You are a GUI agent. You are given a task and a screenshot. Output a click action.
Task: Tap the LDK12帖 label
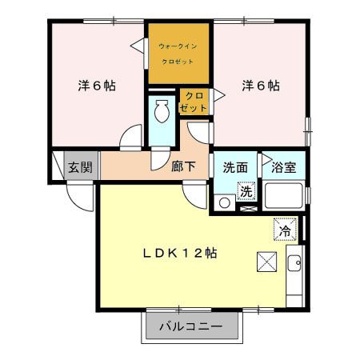point(180,253)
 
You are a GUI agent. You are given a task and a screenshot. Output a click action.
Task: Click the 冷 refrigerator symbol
point(285,230)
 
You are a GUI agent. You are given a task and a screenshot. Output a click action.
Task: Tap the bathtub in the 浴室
point(283,197)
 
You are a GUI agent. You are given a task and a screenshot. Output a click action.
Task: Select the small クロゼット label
point(194,102)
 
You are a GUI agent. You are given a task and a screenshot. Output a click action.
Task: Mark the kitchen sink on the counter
point(294,263)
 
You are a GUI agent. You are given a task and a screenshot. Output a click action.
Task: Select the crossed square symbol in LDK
point(266,262)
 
